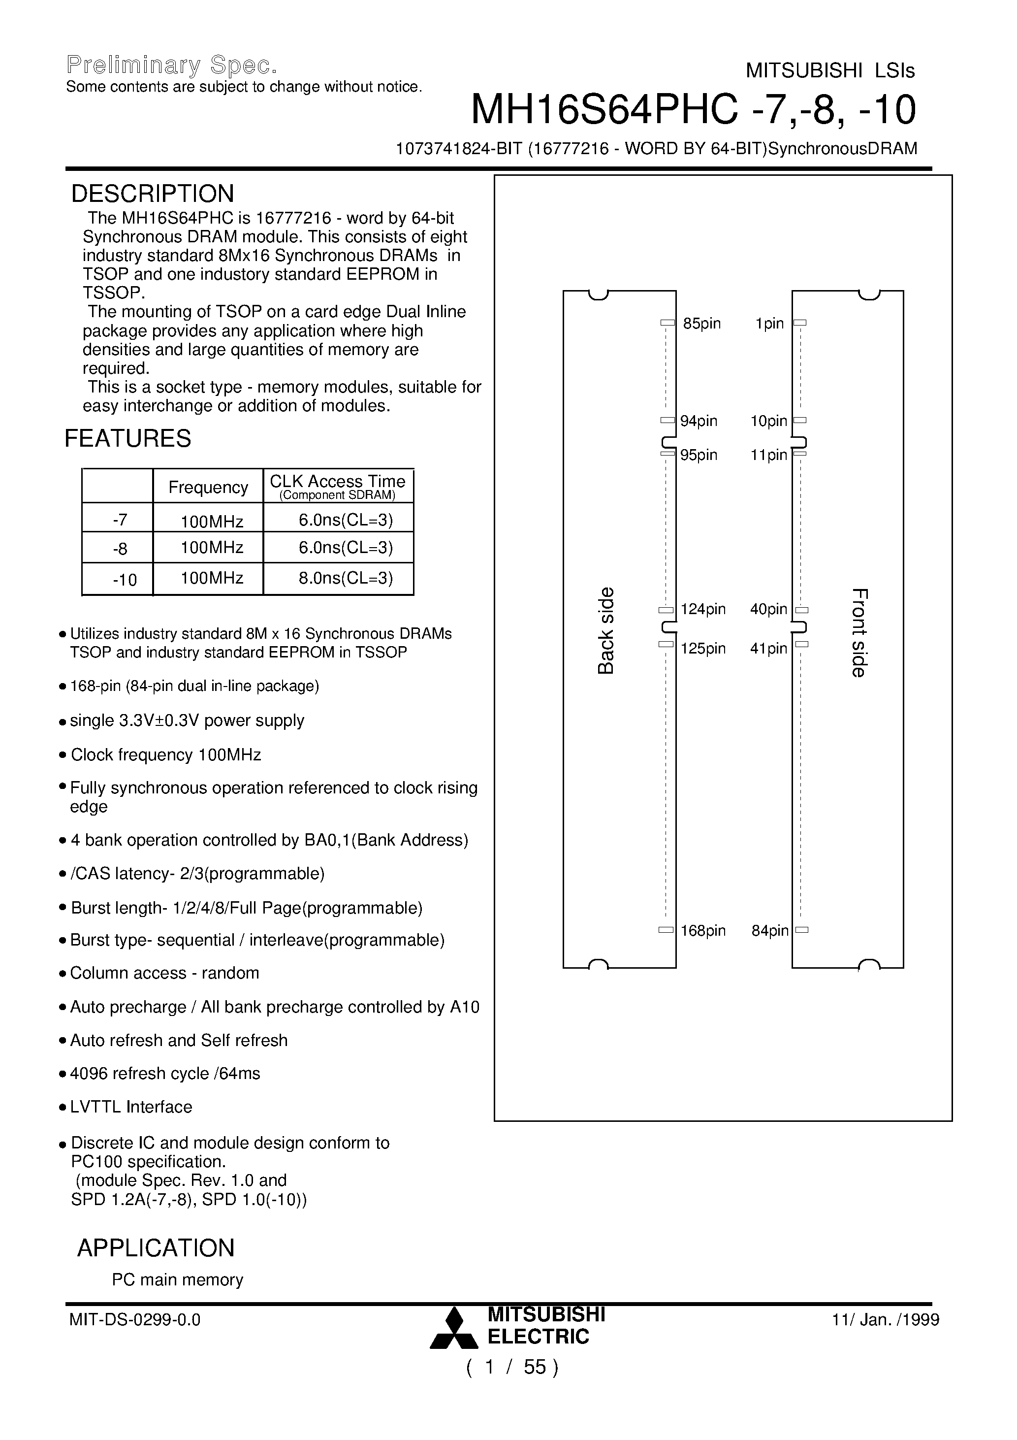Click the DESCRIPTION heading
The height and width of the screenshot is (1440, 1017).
(x=153, y=194)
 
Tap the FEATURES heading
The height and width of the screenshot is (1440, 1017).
(x=128, y=438)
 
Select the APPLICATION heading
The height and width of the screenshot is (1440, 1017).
(x=156, y=1248)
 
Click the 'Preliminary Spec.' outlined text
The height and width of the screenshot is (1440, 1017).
(x=171, y=65)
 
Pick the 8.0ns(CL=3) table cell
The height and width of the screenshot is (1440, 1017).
(x=346, y=578)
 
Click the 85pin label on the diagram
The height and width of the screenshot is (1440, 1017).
(x=701, y=324)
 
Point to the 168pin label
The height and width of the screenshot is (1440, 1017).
(x=703, y=931)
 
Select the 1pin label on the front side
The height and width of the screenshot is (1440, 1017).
(x=770, y=324)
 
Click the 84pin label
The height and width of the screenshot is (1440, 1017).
(x=770, y=931)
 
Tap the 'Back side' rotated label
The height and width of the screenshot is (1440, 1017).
(x=605, y=630)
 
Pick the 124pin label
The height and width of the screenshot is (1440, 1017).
(x=703, y=609)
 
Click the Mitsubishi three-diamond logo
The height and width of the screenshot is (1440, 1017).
(x=454, y=1328)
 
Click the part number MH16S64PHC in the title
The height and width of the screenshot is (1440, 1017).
(x=604, y=110)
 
